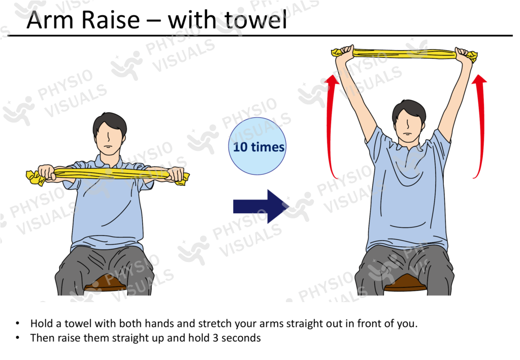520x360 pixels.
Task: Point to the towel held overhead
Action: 404,52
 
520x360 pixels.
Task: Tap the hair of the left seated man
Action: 110,122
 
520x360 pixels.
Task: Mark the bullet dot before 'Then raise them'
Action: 18,337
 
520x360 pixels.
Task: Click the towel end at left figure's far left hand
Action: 34,177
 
